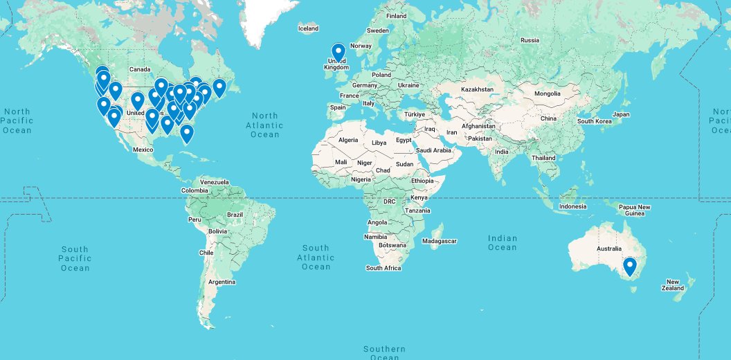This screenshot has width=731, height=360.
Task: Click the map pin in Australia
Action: tap(630, 266)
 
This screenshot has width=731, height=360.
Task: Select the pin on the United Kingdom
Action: tap(339, 52)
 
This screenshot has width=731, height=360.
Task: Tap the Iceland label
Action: tap(308, 28)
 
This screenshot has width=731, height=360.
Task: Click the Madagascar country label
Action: tap(439, 241)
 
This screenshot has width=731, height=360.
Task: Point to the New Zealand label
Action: tap(674, 285)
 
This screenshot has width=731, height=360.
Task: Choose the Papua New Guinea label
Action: tap(634, 210)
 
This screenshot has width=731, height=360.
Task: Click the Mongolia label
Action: tap(547, 93)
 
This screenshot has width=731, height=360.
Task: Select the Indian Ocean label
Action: tap(502, 242)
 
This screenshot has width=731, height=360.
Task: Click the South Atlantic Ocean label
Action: tap(316, 257)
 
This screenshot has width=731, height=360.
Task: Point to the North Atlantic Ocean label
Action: tap(264, 125)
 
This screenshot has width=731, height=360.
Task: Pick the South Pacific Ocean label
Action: tap(75, 258)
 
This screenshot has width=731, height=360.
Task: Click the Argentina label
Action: tap(222, 282)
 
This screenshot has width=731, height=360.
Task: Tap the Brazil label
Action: tap(235, 215)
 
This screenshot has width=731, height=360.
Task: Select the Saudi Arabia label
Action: tap(433, 150)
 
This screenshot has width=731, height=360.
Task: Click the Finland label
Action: tap(397, 16)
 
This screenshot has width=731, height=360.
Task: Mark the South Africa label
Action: tap(383, 268)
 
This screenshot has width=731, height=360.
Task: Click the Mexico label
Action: tap(143, 150)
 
